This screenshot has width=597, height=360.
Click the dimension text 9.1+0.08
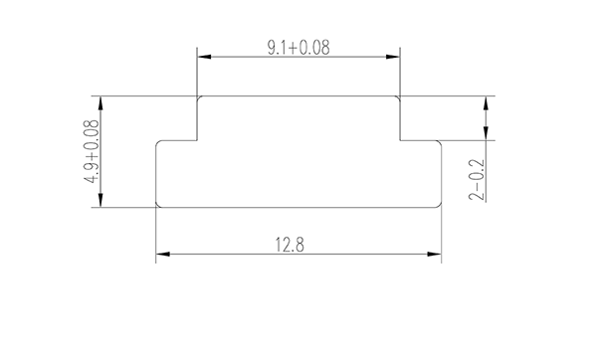click(x=299, y=46)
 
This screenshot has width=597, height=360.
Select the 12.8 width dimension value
click(x=298, y=244)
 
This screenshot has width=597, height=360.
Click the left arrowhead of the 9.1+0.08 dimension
click(x=203, y=58)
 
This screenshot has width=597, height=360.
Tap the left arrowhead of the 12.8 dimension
click(x=162, y=256)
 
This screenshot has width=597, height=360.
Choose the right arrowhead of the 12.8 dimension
click(x=436, y=256)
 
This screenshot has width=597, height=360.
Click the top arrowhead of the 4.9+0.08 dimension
click(x=99, y=101)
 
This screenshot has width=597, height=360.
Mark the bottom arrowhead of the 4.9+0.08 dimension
click(x=99, y=201)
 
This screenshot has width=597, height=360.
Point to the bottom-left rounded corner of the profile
click(x=159, y=204)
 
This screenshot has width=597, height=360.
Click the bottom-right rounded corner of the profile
click(x=439, y=204)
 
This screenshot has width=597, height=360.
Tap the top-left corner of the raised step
click(x=199, y=97)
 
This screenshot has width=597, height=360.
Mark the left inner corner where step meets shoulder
click(x=197, y=139)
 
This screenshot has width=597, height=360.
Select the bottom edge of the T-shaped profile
click(x=298, y=207)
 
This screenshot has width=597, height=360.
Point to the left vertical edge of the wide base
click(x=156, y=173)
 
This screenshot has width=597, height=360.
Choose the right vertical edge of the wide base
click(x=442, y=173)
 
